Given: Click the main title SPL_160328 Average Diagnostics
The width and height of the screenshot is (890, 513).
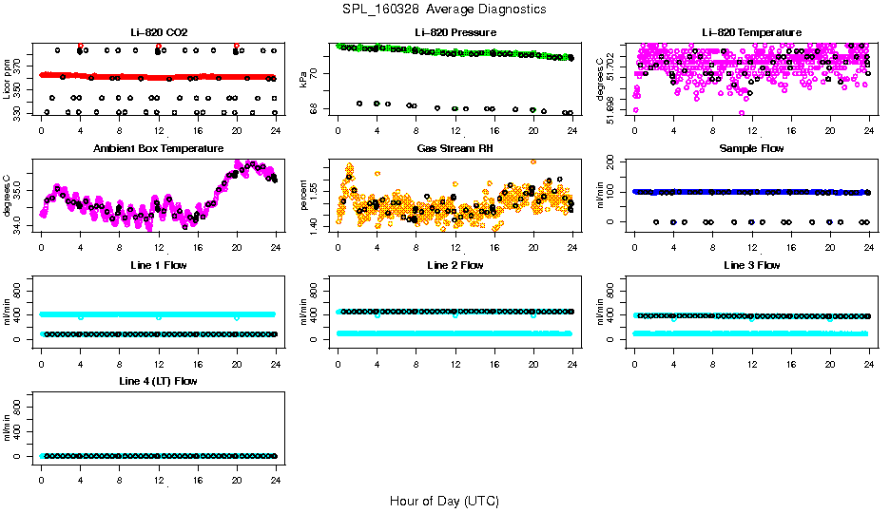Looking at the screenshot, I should pos(445,9).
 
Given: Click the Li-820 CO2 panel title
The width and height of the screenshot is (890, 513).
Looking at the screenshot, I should pos(158,32).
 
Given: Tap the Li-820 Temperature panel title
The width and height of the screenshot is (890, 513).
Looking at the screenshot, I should pos(751,32).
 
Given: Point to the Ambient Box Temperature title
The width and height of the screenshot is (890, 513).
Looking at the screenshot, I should pos(158,148).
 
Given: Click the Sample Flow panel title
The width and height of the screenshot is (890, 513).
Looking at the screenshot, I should pos(751,148).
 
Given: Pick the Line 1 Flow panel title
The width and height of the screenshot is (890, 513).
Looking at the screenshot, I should pos(158,265).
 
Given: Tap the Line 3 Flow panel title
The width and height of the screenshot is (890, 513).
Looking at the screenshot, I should pos(751,265).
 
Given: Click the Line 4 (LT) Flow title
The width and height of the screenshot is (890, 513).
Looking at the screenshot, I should pos(158,381).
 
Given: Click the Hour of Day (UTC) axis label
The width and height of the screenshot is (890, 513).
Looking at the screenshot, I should pos(444,500).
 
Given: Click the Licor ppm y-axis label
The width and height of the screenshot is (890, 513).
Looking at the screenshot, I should pos(8,79).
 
